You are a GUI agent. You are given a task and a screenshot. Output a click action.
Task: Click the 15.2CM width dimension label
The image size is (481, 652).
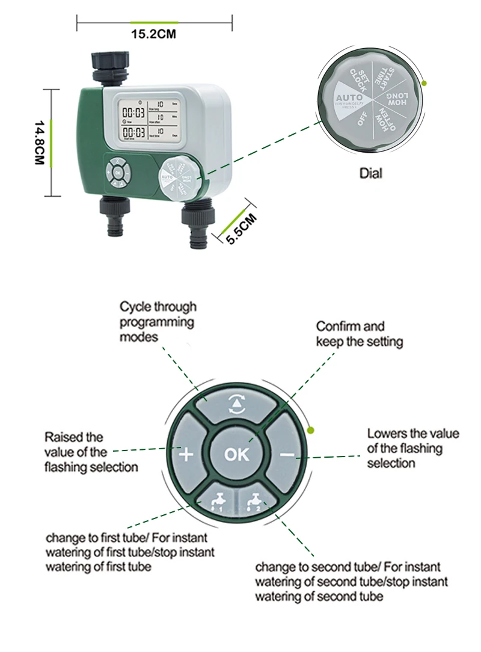pyautogui.click(x=154, y=34)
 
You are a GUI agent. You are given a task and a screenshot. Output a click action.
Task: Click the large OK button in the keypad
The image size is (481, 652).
pyautogui.click(x=236, y=454)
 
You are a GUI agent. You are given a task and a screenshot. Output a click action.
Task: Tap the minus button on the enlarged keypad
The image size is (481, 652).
pyautogui.click(x=287, y=454)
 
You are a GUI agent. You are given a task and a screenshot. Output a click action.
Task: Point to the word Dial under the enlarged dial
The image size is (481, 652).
pyautogui.click(x=371, y=173)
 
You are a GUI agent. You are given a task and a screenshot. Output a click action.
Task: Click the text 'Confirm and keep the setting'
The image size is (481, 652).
pyautogui.click(x=359, y=334)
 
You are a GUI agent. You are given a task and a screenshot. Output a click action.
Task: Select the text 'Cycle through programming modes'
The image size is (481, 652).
pyautogui.click(x=158, y=322)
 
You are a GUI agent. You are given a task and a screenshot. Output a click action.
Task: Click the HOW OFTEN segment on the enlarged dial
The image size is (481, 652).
pyautogui.click(x=385, y=119)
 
